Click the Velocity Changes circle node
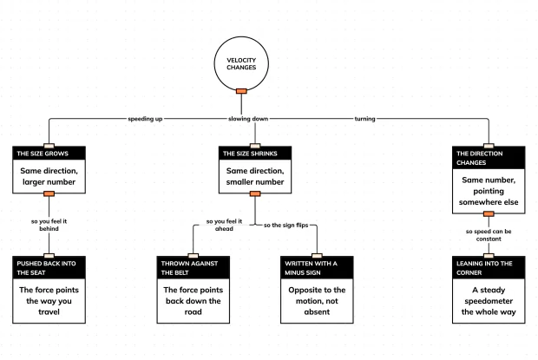(x=241, y=64)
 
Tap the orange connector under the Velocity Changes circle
(x=241, y=91)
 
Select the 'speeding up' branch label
(x=145, y=119)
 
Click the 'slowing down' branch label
(x=248, y=119)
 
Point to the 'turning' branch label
(x=364, y=119)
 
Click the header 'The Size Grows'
(x=43, y=154)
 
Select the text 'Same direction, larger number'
(x=49, y=176)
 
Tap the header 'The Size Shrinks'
(x=250, y=154)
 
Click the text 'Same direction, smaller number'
(x=255, y=176)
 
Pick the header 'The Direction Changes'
(x=479, y=158)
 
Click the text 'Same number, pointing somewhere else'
(x=489, y=191)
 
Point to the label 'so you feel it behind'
(x=49, y=225)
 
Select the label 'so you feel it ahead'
(x=224, y=225)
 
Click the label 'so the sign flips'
(x=285, y=226)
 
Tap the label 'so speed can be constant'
(x=489, y=235)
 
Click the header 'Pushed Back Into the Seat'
(x=46, y=268)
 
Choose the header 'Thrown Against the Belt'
(x=189, y=268)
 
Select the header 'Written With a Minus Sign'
(x=311, y=268)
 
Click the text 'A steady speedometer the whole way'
(x=489, y=301)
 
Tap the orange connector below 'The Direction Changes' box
(x=489, y=214)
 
